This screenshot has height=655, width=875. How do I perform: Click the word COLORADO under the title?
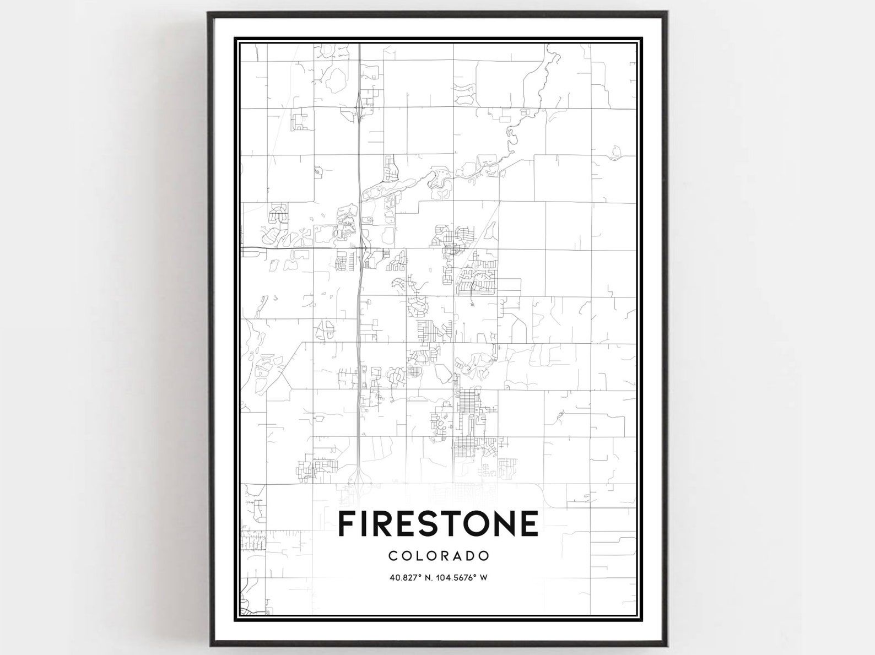439,556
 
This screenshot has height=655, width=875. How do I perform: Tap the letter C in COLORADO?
393,556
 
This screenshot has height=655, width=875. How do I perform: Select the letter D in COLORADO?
469,556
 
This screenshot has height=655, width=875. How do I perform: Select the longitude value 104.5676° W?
462,578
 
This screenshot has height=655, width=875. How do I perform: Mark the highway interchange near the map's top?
359,106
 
